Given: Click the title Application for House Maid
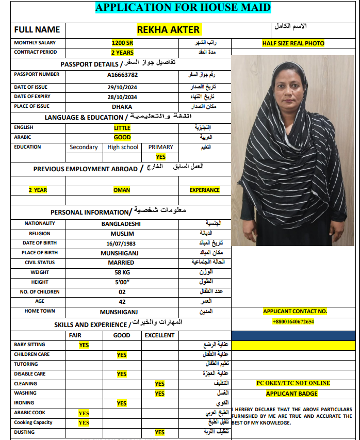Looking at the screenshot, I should coord(183,7).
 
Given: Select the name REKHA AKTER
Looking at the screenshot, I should coord(168,30).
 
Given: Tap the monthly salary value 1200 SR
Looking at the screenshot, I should coord(122,43).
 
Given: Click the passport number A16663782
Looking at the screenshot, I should coord(122,75).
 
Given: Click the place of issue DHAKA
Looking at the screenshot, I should coord(122,107).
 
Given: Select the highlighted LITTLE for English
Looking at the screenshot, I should coord(122,127).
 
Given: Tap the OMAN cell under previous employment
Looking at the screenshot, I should coord(122,190).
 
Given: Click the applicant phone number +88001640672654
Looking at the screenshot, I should coord(293,322).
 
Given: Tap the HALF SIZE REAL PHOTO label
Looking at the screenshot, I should coord(293,43).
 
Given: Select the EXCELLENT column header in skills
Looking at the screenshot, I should coord(159,335).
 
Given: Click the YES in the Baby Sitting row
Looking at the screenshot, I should coord(84,345).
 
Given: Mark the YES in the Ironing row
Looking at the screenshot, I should coord(122,403).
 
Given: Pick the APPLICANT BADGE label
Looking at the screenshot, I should coord(292,394).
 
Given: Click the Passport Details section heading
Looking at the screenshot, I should coord(118,64).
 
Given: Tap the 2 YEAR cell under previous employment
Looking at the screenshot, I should coord(38,190).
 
